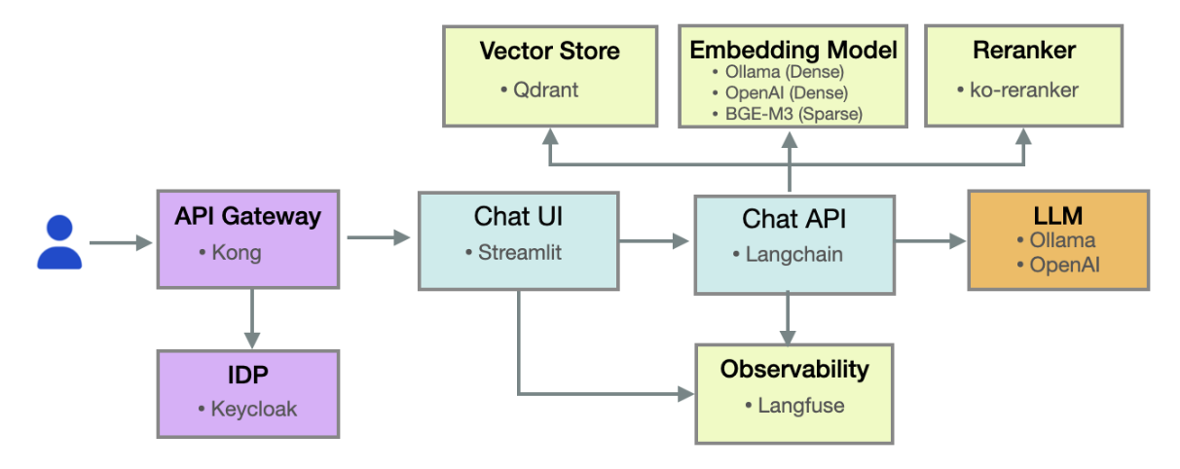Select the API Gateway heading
click(247, 216)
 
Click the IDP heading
click(247, 374)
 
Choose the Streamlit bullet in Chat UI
click(518, 252)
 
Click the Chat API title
click(793, 219)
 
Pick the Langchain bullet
click(793, 254)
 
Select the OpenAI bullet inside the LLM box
click(1063, 264)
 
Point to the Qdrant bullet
click(544, 90)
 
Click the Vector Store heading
click(549, 51)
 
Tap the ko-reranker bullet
click(1024, 90)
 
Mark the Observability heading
click(793, 369)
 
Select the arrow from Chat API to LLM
click(930, 241)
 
